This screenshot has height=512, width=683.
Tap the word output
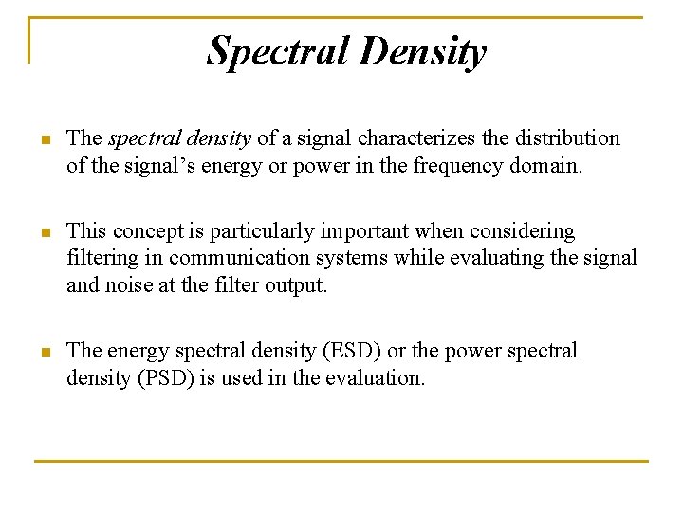click(x=296, y=284)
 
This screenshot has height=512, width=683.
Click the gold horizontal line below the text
click(x=341, y=461)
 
